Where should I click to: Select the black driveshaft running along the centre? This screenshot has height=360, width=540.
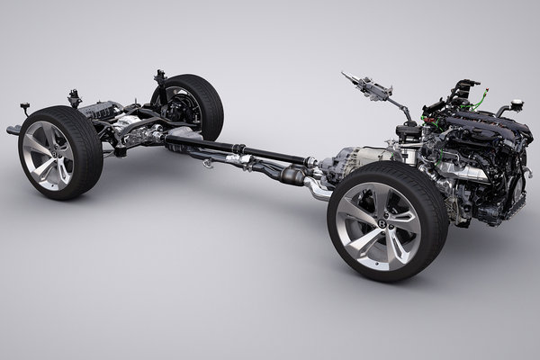coord(243,150)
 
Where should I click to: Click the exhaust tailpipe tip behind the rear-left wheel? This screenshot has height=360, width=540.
coord(13,131)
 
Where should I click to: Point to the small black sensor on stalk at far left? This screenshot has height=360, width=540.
coord(24,108)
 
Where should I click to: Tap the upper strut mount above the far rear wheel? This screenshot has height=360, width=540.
coord(160,76)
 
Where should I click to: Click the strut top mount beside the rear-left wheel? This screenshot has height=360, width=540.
coord(74,95)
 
